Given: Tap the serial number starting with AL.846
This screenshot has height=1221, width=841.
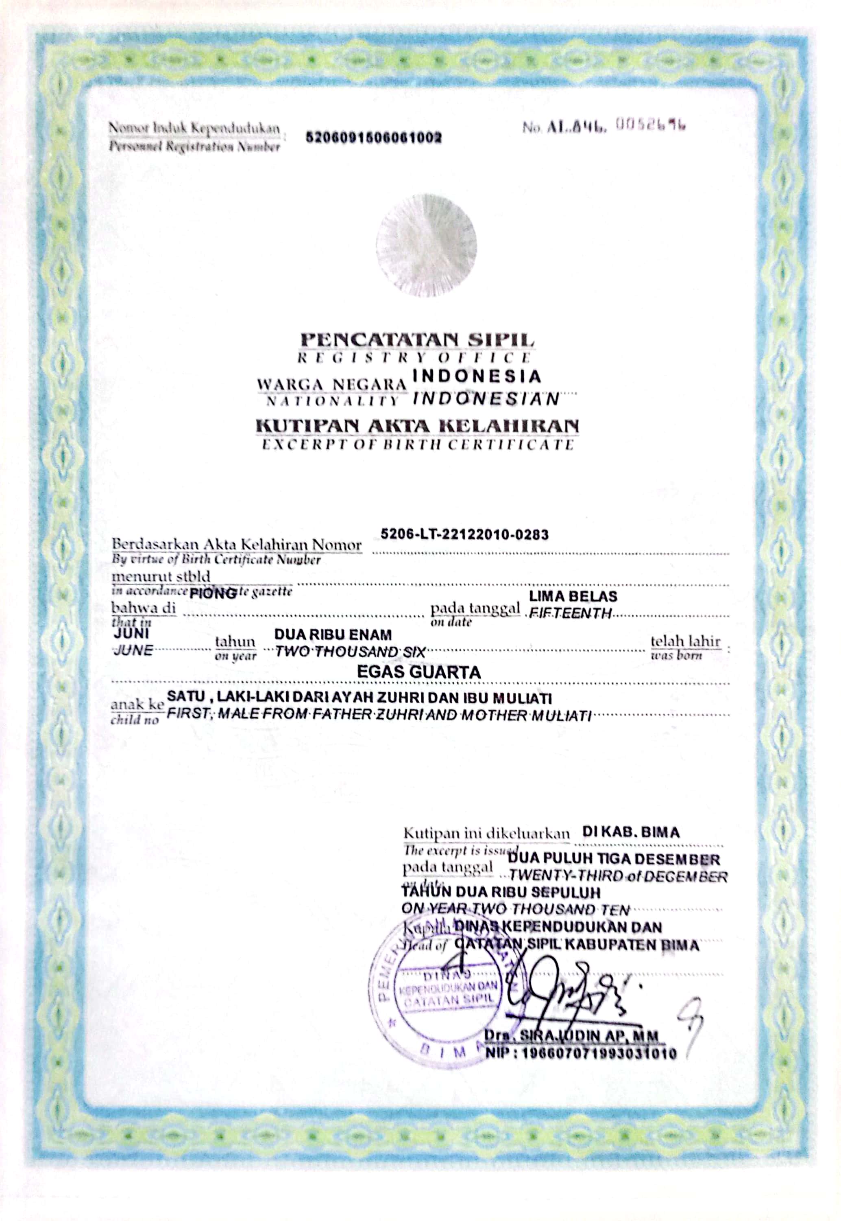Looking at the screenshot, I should tap(604, 127).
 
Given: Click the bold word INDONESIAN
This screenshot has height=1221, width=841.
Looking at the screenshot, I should tap(486, 399).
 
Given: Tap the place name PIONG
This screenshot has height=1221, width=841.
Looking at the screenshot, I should tap(212, 593).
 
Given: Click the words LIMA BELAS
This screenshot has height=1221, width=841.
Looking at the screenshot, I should tap(573, 596).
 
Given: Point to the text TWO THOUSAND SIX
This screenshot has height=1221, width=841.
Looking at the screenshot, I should tap(350, 652).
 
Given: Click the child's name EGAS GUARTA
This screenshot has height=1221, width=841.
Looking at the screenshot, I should tap(419, 672).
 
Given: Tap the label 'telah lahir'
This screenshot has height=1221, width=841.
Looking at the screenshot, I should tap(685, 641).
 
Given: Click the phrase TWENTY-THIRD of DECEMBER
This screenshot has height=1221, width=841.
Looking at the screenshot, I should tap(618, 877).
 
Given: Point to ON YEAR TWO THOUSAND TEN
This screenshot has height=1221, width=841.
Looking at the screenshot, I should tap(515, 909).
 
